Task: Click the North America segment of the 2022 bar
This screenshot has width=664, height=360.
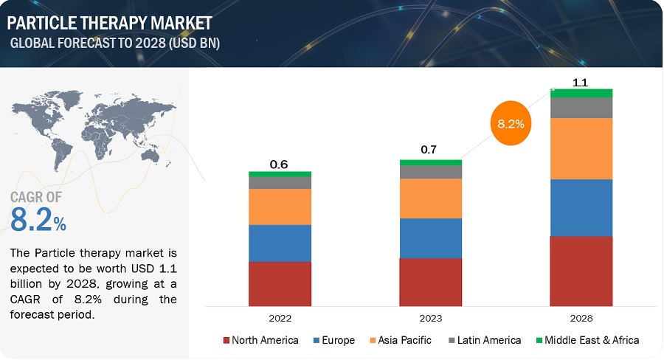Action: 280,283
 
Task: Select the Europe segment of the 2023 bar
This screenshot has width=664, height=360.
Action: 431,238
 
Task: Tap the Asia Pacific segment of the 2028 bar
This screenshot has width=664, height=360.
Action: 581,148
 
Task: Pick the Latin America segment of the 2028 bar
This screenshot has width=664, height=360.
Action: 581,108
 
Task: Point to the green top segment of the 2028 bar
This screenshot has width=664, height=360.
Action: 581,93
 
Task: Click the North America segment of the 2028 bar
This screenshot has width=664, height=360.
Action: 581,271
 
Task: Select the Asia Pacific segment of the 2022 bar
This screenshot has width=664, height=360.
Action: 280,207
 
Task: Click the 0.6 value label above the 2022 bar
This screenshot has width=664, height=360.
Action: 279,165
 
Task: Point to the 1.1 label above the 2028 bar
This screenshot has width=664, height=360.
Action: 581,83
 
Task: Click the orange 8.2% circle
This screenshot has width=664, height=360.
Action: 511,124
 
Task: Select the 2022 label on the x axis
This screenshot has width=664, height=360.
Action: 280,319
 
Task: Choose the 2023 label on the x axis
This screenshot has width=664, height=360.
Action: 431,319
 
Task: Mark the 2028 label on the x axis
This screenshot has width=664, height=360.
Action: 581,319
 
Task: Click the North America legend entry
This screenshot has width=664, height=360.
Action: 260,340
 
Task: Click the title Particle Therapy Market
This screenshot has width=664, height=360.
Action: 111,22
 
